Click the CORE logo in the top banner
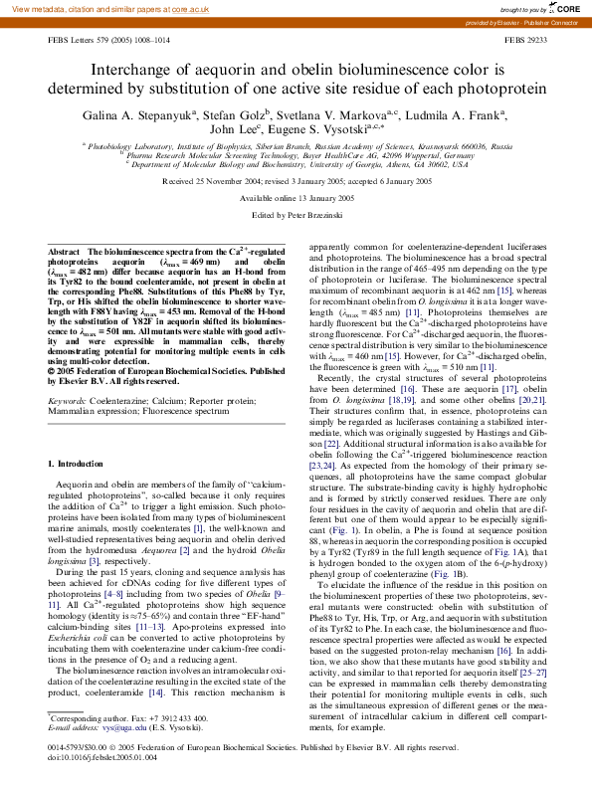[x=566, y=8]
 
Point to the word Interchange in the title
[x=136, y=71]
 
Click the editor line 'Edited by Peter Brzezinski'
[x=296, y=214]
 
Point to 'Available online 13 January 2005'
[x=296, y=199]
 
